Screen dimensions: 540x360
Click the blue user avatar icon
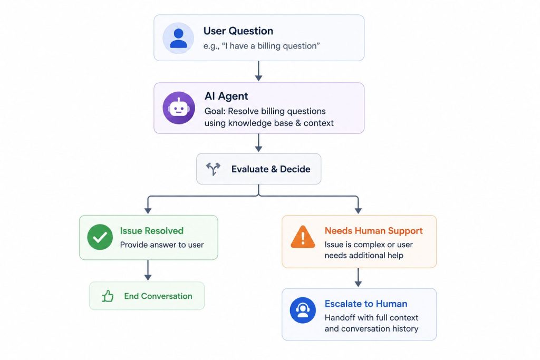pyautogui.click(x=178, y=38)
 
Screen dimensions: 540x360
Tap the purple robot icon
pyautogui.click(x=179, y=108)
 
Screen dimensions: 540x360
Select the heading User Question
pyautogui.click(x=238, y=31)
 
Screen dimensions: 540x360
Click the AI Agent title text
pyautogui.click(x=226, y=96)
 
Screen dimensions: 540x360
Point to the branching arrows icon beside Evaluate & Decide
pyautogui.click(x=213, y=169)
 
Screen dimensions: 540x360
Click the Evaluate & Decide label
pyautogui.click(x=271, y=169)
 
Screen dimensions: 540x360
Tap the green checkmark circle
pyautogui.click(x=100, y=237)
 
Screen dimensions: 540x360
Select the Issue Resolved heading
pyautogui.click(x=151, y=230)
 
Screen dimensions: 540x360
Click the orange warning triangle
pyautogui.click(x=303, y=237)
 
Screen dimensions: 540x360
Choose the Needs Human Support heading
pyautogui.click(x=374, y=230)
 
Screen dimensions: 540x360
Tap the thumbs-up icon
pyautogui.click(x=108, y=296)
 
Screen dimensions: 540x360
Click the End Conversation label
pyautogui.click(x=158, y=296)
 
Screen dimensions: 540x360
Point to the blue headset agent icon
pyautogui.click(x=303, y=310)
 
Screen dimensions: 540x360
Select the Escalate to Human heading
pyautogui.click(x=366, y=304)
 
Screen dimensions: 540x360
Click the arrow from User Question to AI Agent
pyautogui.click(x=258, y=71)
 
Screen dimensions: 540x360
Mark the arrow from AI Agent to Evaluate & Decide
pyautogui.click(x=258, y=143)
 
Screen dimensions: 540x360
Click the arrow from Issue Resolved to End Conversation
pyautogui.click(x=148, y=270)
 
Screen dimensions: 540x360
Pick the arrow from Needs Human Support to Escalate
pyautogui.click(x=358, y=277)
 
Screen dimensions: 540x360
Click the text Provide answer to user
pyautogui.click(x=162, y=245)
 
